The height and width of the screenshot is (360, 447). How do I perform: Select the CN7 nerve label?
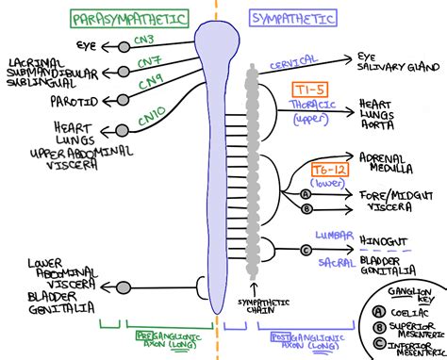pyautogui.click(x=148, y=62)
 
